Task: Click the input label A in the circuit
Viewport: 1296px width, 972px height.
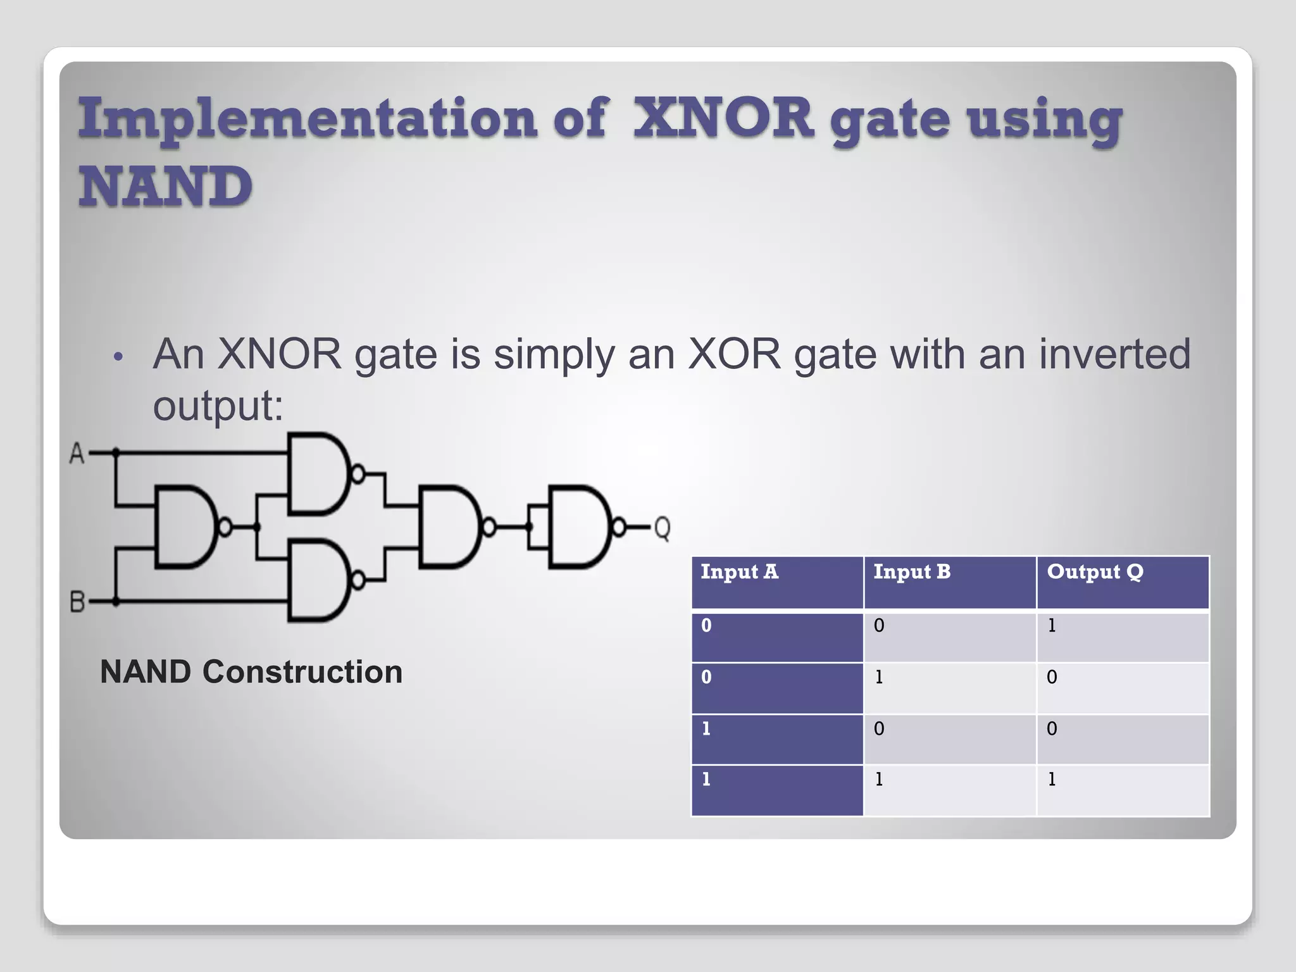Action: point(77,453)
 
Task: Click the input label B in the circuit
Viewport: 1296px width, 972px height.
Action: point(77,601)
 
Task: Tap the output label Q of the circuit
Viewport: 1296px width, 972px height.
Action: point(662,527)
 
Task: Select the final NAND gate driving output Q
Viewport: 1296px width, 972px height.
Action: point(579,526)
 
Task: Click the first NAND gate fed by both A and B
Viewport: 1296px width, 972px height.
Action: point(185,526)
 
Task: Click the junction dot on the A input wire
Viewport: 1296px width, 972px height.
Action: point(116,452)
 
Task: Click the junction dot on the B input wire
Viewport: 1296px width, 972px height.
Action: point(116,601)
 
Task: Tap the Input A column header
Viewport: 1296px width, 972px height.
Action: point(739,572)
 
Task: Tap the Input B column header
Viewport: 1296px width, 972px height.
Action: point(912,572)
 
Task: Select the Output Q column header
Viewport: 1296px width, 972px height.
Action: point(1095,572)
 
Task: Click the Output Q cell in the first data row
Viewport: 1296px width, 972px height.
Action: point(1052,626)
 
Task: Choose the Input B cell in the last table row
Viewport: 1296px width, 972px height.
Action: point(879,780)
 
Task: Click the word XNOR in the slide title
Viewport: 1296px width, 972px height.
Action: point(723,118)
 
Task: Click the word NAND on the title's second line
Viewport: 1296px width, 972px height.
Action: point(165,187)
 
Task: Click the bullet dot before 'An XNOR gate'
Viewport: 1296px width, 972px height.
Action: point(116,358)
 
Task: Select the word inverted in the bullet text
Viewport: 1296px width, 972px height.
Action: point(1114,354)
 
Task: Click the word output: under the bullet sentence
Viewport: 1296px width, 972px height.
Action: point(218,406)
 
